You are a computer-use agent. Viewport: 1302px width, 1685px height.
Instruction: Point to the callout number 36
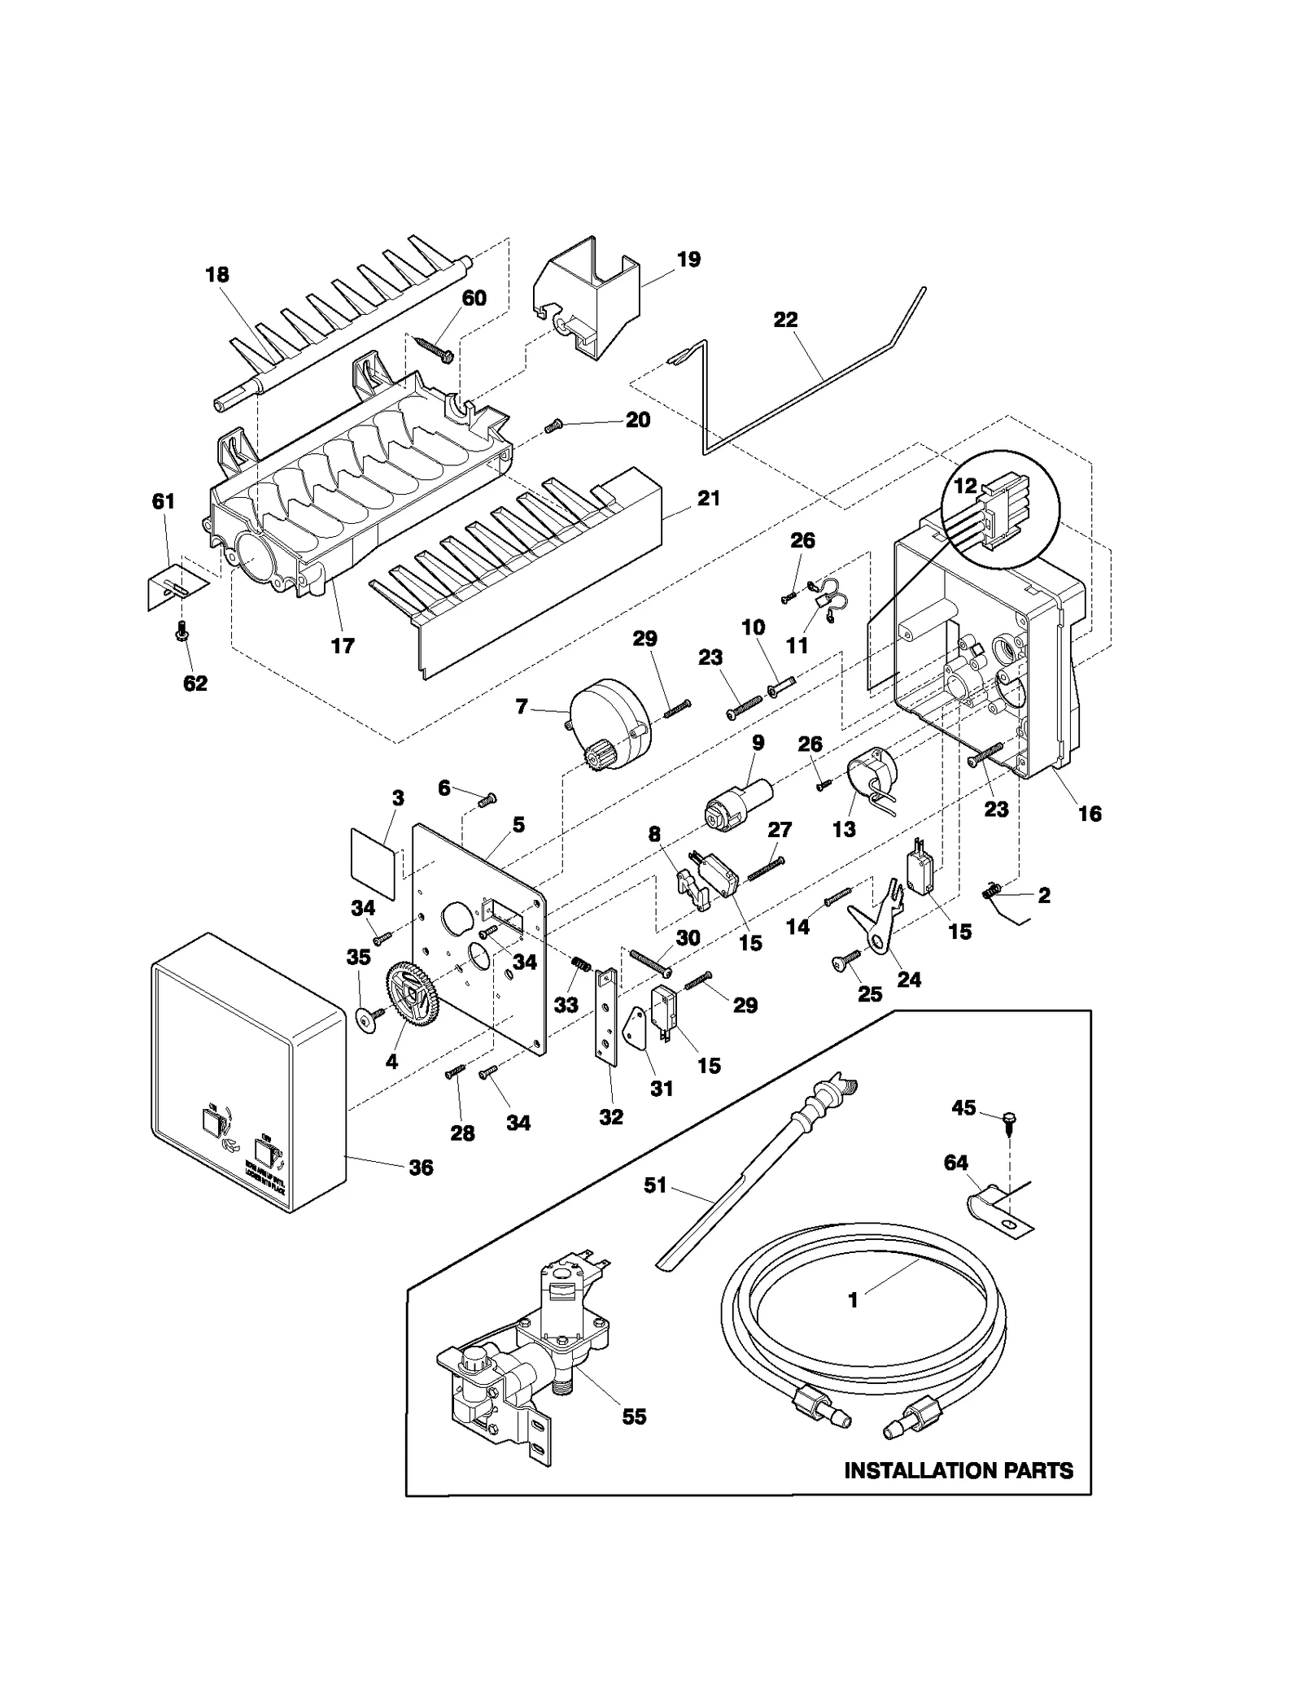[420, 1168]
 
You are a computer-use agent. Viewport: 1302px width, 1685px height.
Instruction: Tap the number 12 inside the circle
[964, 486]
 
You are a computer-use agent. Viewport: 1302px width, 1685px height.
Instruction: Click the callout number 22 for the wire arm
[785, 320]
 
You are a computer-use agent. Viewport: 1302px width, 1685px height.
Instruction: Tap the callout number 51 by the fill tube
[654, 1185]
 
